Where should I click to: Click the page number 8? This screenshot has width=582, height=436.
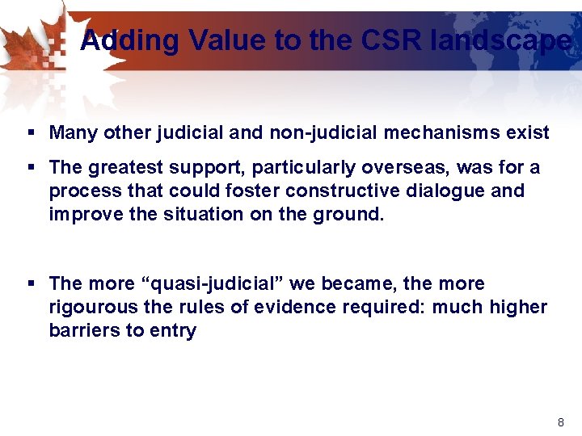coord(560,422)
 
